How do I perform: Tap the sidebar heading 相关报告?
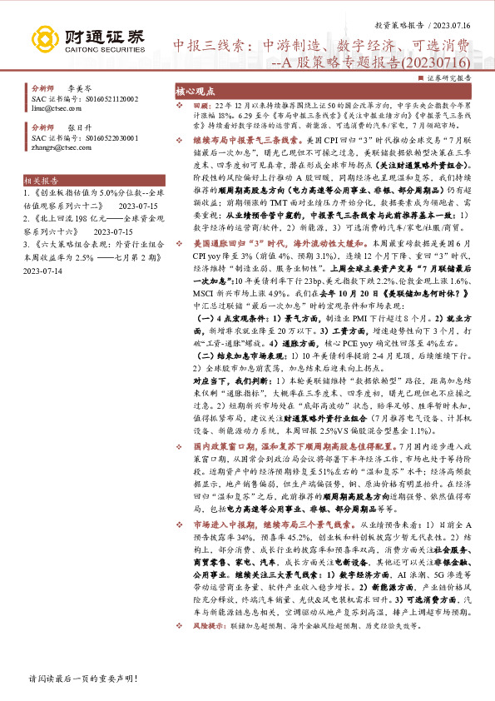coord(41,203)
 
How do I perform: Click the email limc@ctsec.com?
coord(52,108)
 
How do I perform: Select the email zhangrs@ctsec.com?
coord(56,147)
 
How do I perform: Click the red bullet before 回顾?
coord(181,108)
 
